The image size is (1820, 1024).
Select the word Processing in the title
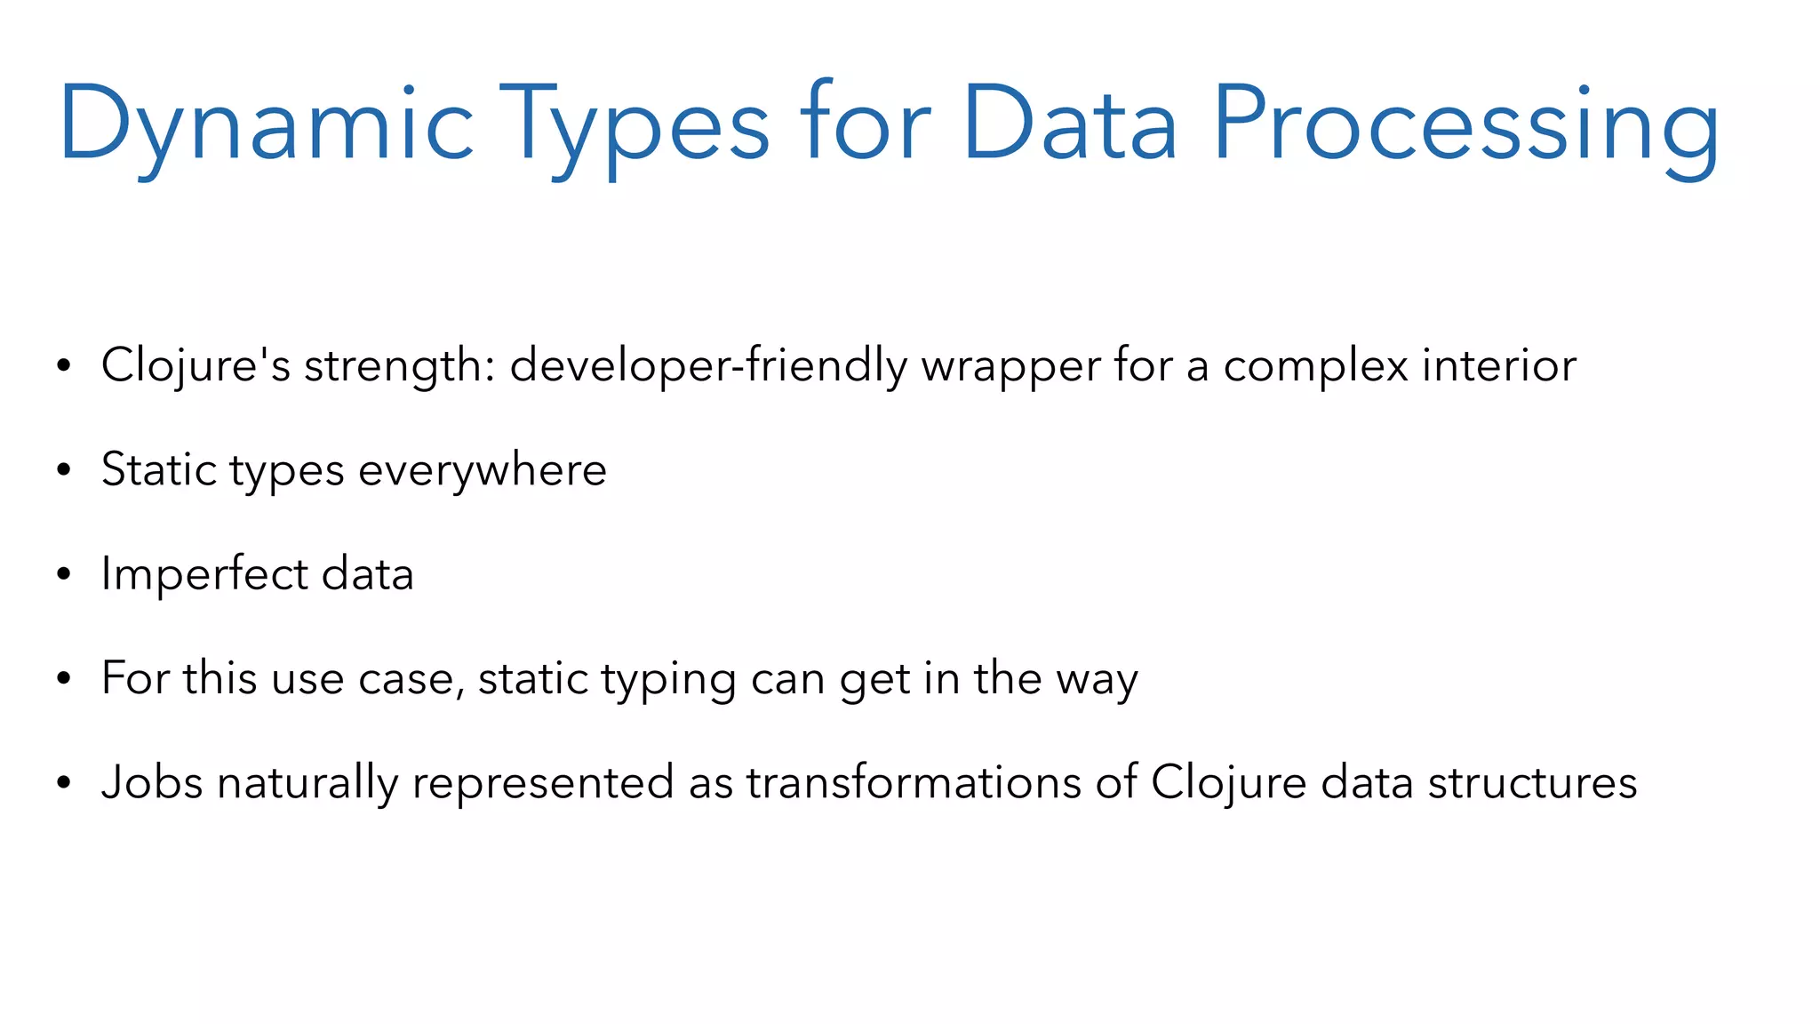point(1466,124)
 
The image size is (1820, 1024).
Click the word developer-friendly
point(708,365)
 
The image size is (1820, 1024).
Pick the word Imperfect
point(204,574)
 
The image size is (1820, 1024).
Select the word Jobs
point(152,783)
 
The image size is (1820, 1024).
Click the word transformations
point(913,783)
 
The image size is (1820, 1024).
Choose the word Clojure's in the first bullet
point(196,365)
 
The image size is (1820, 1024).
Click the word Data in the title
point(1070,124)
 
